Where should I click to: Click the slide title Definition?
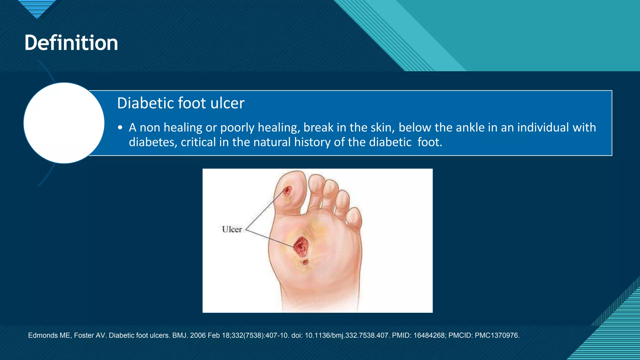(x=71, y=43)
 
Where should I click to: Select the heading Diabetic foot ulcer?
(x=181, y=103)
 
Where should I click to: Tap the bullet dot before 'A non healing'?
(x=120, y=128)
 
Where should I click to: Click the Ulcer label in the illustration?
(x=232, y=229)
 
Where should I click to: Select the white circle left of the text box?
(x=64, y=123)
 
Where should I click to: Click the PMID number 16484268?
(x=430, y=335)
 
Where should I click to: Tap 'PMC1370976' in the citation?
(x=497, y=335)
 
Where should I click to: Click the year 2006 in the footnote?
(x=198, y=335)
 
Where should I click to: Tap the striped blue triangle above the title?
(x=37, y=8)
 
